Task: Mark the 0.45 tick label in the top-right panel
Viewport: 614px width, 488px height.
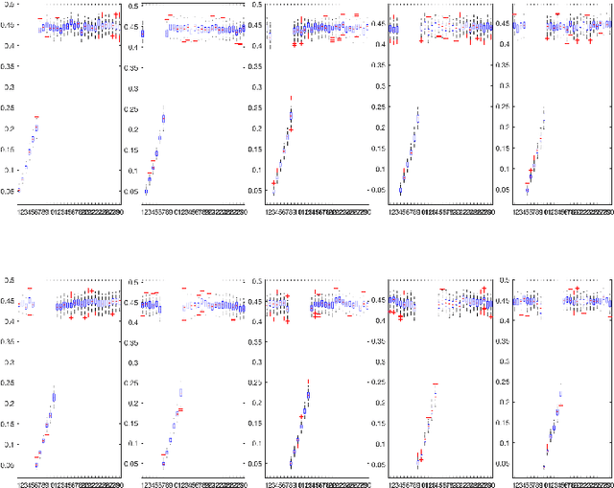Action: click(x=503, y=26)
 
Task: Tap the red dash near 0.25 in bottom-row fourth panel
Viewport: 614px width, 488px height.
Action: click(x=435, y=383)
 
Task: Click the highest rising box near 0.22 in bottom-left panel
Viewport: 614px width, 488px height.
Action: click(x=54, y=396)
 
